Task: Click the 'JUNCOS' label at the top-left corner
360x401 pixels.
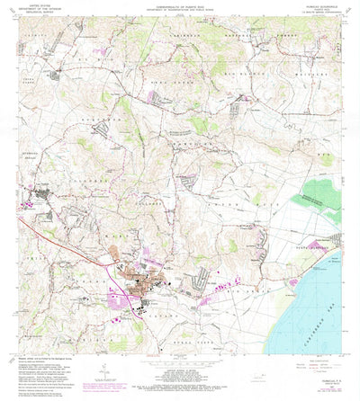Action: [36, 33]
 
